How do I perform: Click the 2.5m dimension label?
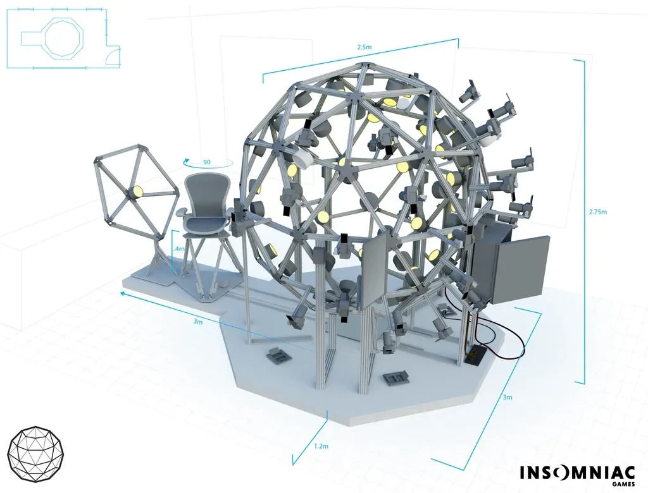pos(364,47)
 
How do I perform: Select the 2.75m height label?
pos(598,212)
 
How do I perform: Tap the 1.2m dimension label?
pos(321,446)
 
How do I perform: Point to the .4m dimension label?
pos(179,249)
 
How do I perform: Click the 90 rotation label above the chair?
pos(207,162)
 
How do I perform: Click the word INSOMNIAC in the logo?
pos(577,473)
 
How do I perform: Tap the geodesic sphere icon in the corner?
pos(35,454)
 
